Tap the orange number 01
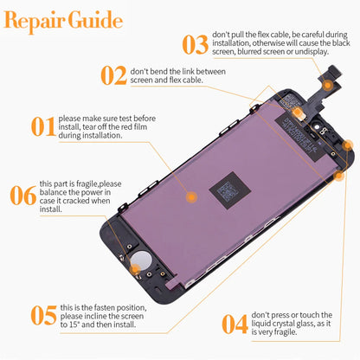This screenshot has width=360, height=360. coord(43,127)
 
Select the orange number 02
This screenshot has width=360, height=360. coord(113,75)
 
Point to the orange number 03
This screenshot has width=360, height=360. coord(196,44)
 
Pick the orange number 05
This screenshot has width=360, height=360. coord(43,316)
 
